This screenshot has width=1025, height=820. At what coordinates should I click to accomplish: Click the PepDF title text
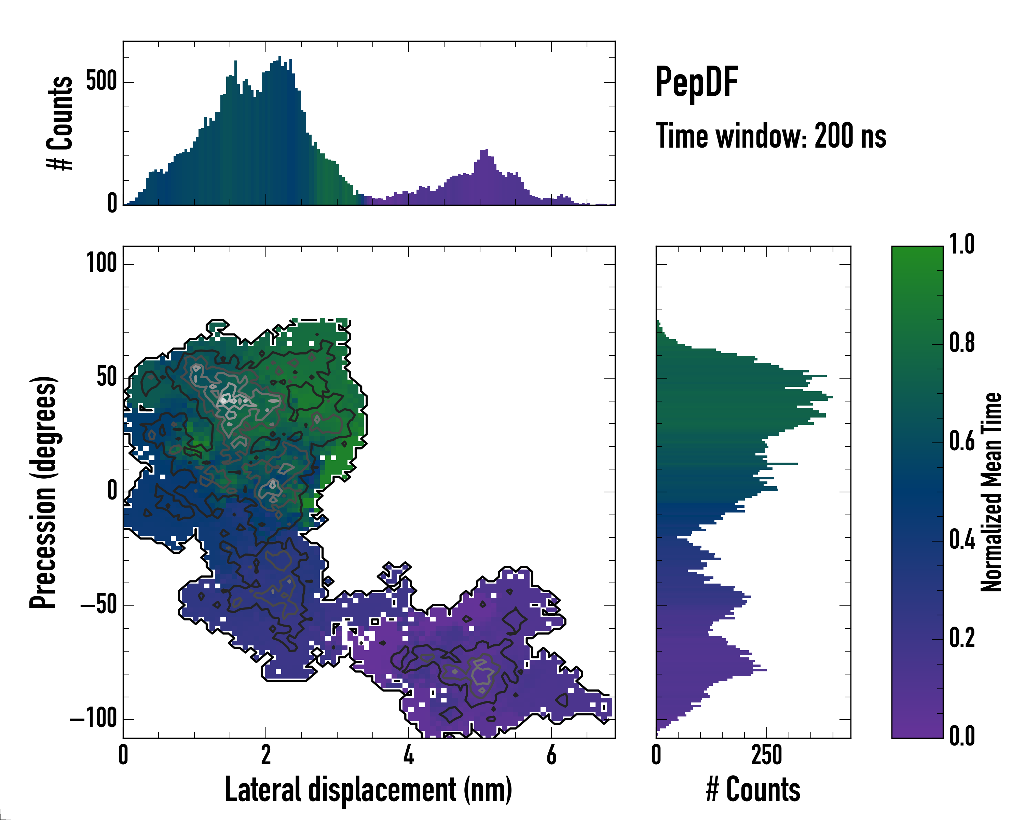pos(696,82)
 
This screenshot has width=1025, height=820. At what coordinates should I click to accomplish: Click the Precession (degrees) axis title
pos(44,492)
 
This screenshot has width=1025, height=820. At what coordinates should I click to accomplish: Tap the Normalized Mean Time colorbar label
pos(991,492)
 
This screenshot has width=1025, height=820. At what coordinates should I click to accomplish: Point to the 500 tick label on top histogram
pos(101,81)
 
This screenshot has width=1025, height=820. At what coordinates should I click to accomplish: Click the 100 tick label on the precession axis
pos(101,263)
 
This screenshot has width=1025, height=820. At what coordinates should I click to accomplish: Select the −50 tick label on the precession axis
pos(98,606)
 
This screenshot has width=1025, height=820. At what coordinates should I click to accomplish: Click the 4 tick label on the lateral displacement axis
pos(408,755)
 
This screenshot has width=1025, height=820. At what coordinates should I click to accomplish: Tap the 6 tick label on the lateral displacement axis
pos(551,755)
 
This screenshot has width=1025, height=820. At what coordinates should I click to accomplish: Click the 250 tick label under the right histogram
pos(766,755)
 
